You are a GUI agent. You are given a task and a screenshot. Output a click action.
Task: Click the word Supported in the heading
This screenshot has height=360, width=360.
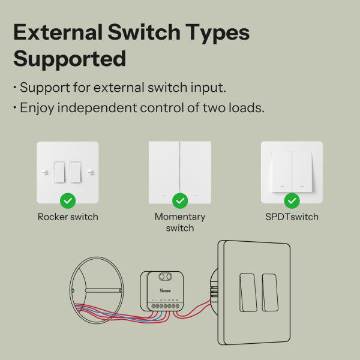70,59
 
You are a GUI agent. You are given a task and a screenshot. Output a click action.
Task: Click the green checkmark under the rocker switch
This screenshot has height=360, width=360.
68,200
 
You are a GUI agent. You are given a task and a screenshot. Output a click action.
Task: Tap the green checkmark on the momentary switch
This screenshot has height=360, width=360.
179,200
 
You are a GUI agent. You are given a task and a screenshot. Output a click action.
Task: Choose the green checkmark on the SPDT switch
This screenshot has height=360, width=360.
292,200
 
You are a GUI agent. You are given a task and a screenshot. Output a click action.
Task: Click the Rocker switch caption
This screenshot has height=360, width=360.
68,217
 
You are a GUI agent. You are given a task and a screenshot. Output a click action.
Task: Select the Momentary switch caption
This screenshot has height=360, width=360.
179,222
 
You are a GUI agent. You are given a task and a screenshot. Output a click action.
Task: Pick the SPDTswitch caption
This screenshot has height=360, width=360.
292,217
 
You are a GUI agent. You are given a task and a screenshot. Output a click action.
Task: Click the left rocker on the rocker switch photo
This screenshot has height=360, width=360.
60,172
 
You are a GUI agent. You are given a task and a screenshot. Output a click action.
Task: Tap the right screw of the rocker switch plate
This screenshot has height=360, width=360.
91,173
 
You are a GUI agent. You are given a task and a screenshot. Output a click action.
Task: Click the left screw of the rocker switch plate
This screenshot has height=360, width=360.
45,173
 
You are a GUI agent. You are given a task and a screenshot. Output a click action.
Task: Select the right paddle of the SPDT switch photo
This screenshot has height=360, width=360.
302,171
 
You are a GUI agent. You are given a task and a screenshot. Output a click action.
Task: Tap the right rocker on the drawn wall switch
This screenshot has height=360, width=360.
269,292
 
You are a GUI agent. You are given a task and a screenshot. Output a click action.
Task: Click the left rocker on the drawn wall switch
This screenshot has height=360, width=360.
247,292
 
